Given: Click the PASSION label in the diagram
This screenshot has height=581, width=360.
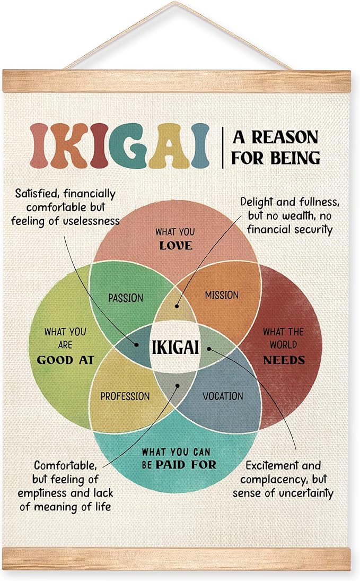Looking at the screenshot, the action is [126, 298].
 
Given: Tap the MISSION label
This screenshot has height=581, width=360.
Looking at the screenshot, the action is [222, 296].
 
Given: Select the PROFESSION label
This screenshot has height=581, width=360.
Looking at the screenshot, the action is [125, 396].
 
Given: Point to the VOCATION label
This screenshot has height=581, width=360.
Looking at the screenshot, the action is [223, 396].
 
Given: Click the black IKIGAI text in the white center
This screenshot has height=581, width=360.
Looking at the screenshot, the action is [175, 347].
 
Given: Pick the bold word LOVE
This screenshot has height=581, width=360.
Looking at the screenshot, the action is [176, 246].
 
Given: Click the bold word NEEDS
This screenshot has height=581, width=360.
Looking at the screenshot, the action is [284, 360].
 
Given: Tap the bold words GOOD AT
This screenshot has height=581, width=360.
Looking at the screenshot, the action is [66, 360].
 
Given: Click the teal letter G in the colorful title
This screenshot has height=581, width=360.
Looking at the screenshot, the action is [128, 145].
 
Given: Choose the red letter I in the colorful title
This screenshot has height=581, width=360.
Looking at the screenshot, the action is [99, 145].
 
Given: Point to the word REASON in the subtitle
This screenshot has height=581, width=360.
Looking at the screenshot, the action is [285, 137].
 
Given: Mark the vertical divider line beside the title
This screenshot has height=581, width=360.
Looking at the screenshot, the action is [223, 147].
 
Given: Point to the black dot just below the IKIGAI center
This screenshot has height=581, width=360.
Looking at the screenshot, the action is [178, 386].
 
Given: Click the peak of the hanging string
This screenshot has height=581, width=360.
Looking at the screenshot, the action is [175, 3].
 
